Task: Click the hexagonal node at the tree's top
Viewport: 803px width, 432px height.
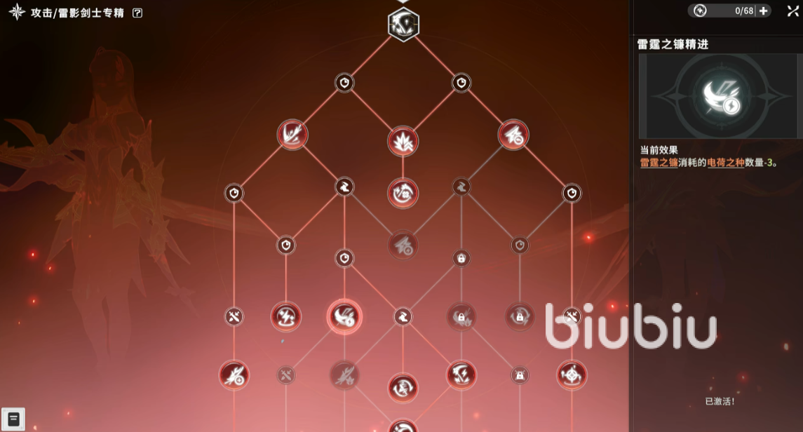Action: click(x=403, y=25)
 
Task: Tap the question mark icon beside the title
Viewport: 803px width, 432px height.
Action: click(x=137, y=13)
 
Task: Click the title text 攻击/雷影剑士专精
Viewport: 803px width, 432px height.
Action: click(x=77, y=13)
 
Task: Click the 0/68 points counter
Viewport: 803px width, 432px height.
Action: click(x=743, y=11)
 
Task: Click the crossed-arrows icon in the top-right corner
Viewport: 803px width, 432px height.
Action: click(x=792, y=11)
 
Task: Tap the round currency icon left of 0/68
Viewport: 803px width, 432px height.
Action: click(x=700, y=11)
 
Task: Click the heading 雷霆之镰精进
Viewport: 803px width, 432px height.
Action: click(x=673, y=44)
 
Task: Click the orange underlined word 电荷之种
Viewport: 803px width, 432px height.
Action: click(x=725, y=163)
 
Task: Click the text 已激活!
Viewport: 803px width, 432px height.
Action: click(x=720, y=402)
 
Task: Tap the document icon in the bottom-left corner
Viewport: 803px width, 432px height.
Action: click(x=14, y=419)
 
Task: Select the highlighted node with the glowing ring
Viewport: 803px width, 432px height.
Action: click(x=344, y=317)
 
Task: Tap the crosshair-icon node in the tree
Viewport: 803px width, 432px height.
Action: click(x=572, y=375)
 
